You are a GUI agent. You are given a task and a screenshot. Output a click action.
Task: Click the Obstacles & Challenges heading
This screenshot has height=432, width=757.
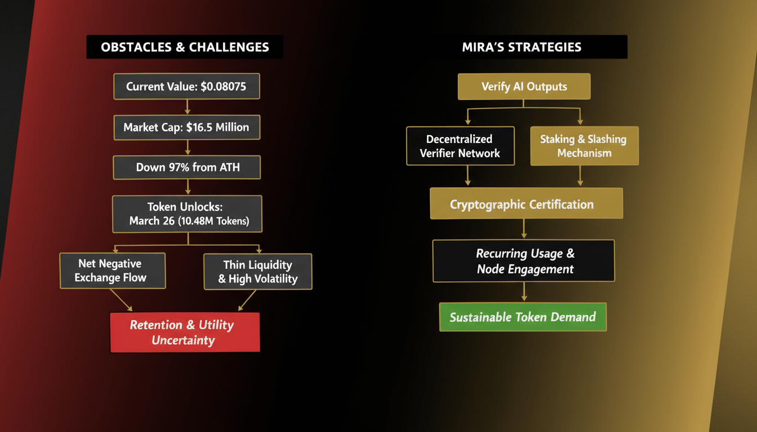[185, 47]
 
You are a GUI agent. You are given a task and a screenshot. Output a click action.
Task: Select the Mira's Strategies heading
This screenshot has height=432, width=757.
[521, 47]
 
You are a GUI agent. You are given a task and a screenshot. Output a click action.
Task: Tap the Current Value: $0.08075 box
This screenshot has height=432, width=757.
[186, 87]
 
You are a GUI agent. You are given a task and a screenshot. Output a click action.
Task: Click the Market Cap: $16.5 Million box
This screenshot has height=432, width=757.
[186, 127]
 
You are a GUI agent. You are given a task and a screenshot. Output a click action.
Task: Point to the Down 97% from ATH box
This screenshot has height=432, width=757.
[186, 167]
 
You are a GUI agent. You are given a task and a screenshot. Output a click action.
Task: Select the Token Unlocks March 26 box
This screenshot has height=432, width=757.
[187, 214]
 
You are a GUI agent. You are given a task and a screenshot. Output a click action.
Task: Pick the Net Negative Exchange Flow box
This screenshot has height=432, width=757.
[113, 271]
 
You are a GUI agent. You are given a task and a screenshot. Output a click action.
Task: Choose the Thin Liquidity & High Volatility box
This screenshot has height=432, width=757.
[257, 272]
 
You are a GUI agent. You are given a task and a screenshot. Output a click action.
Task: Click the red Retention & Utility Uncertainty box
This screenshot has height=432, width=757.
[185, 332]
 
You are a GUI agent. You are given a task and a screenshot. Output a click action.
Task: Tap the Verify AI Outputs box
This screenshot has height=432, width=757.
[524, 87]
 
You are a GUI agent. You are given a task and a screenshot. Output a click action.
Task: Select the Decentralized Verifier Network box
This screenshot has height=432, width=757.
[460, 146]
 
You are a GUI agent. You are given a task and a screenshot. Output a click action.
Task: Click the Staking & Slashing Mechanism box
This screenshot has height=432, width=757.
[584, 146]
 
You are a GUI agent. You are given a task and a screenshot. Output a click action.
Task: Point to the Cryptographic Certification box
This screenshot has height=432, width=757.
[526, 204]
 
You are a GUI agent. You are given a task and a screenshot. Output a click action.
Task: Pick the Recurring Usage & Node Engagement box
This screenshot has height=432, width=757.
[524, 261]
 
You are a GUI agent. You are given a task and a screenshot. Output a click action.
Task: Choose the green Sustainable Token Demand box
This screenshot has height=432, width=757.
[523, 317]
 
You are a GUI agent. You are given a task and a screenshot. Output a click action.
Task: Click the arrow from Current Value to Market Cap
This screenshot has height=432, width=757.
[187, 107]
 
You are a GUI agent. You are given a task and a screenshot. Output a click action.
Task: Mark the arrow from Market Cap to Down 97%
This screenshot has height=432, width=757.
[187, 147]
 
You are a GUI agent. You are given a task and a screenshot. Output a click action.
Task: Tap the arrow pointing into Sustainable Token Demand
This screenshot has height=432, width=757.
[524, 292]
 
